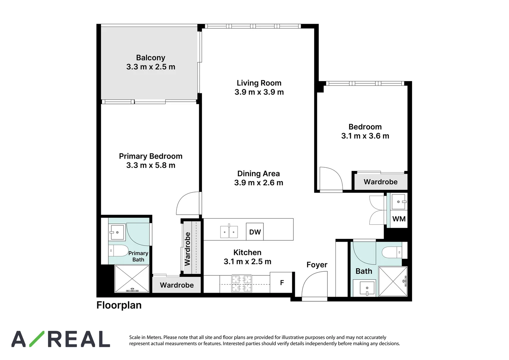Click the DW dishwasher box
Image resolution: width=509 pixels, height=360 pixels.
tap(255, 232)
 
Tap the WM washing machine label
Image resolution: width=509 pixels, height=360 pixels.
tap(399, 219)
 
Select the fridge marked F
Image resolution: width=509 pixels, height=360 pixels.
tap(282, 283)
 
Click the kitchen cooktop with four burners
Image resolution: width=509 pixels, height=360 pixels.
tap(242, 283)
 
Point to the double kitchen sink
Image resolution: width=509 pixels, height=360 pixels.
tap(229, 232)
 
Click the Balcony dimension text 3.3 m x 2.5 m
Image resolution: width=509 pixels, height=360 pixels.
tap(151, 67)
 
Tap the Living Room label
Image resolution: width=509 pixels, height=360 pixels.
tap(259, 83)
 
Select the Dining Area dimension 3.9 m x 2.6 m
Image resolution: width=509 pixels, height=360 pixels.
tap(258, 183)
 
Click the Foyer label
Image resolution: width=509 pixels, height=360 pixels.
tap(317, 265)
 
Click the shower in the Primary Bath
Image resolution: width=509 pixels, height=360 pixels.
tap(132, 279)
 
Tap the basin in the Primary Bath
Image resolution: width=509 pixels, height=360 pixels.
tap(117, 232)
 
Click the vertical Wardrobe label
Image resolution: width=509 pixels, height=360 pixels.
tap(188, 249)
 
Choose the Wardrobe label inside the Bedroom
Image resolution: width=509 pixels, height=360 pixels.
tap(380, 182)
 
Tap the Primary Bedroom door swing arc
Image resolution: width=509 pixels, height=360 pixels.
tap(188, 203)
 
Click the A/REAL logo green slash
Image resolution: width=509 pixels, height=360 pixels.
tap(37, 339)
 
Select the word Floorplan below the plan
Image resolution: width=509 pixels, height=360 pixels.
tap(119, 305)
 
